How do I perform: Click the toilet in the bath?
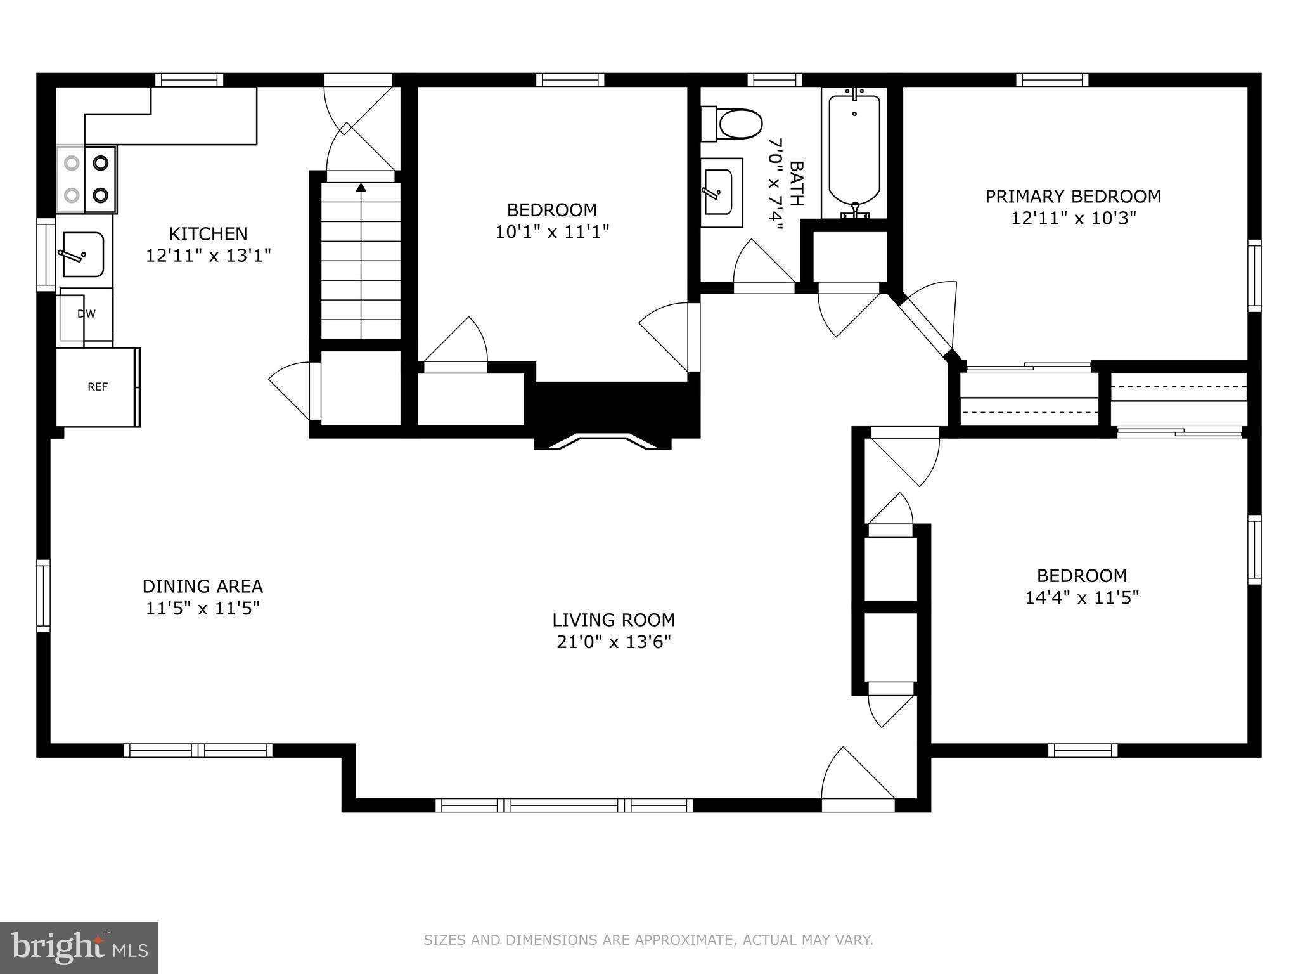click(731, 124)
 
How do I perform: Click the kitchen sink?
click(82, 254)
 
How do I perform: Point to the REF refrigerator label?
click(98, 387)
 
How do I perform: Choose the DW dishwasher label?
click(86, 314)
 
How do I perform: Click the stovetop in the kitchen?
click(87, 179)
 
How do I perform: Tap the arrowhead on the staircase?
click(361, 187)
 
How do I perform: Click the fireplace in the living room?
click(603, 441)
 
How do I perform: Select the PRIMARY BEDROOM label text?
click(1073, 197)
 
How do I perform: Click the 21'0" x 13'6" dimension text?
click(614, 642)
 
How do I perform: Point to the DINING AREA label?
click(203, 586)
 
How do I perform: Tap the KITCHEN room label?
click(209, 234)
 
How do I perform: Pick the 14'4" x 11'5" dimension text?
click(1083, 597)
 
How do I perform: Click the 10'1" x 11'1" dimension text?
click(552, 231)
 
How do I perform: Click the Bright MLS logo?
click(79, 948)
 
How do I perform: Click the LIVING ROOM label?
click(614, 620)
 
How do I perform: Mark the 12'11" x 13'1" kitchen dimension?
click(209, 256)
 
